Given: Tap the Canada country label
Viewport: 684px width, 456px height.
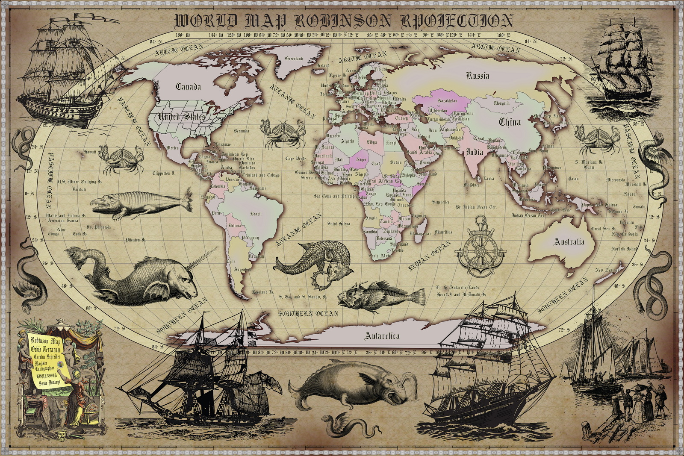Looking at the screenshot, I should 188,87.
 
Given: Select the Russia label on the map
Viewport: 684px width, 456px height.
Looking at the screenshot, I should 478,76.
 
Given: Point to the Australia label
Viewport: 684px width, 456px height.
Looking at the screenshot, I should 569,242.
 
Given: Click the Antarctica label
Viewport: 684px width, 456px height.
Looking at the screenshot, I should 382,336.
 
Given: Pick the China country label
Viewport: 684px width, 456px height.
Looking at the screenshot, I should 510,122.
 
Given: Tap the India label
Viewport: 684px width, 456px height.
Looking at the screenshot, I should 474,152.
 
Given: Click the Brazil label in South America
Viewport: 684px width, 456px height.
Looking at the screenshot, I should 256,214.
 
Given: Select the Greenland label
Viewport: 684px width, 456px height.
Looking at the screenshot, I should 294,59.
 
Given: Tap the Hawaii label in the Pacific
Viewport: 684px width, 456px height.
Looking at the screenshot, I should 90,152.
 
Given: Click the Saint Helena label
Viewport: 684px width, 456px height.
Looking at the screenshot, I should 339,224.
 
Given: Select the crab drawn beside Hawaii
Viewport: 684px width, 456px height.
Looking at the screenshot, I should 121,159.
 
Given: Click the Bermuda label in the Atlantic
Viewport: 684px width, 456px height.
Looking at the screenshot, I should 241,131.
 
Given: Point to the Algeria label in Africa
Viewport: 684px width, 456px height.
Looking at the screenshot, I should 347,141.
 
